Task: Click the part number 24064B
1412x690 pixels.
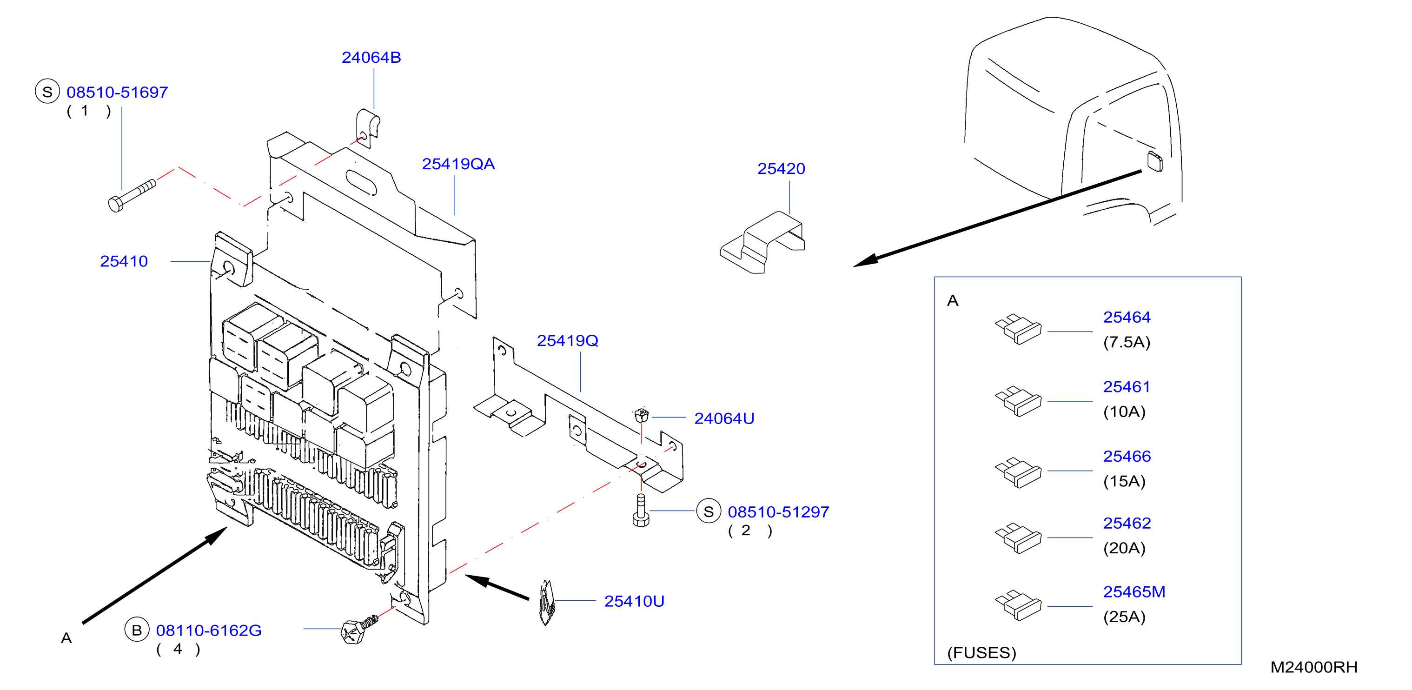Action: click(x=371, y=58)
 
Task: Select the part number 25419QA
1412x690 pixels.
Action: click(x=458, y=164)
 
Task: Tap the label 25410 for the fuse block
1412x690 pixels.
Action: click(x=124, y=261)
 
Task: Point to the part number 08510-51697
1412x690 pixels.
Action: click(x=117, y=92)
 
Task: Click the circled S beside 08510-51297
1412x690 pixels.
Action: click(x=708, y=511)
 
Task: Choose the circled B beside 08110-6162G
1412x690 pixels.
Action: click(x=137, y=630)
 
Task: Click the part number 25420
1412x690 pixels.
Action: click(x=781, y=169)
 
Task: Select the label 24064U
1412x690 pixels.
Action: click(x=724, y=419)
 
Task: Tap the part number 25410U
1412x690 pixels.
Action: click(x=634, y=601)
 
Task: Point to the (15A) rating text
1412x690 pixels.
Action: click(x=1124, y=481)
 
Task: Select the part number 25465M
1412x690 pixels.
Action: click(x=1134, y=592)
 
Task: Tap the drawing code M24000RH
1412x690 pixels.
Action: click(x=1314, y=667)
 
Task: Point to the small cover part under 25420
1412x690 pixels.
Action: click(x=762, y=242)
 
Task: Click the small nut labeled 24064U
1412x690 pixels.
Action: click(x=641, y=415)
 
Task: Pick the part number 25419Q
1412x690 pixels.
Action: click(x=567, y=341)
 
